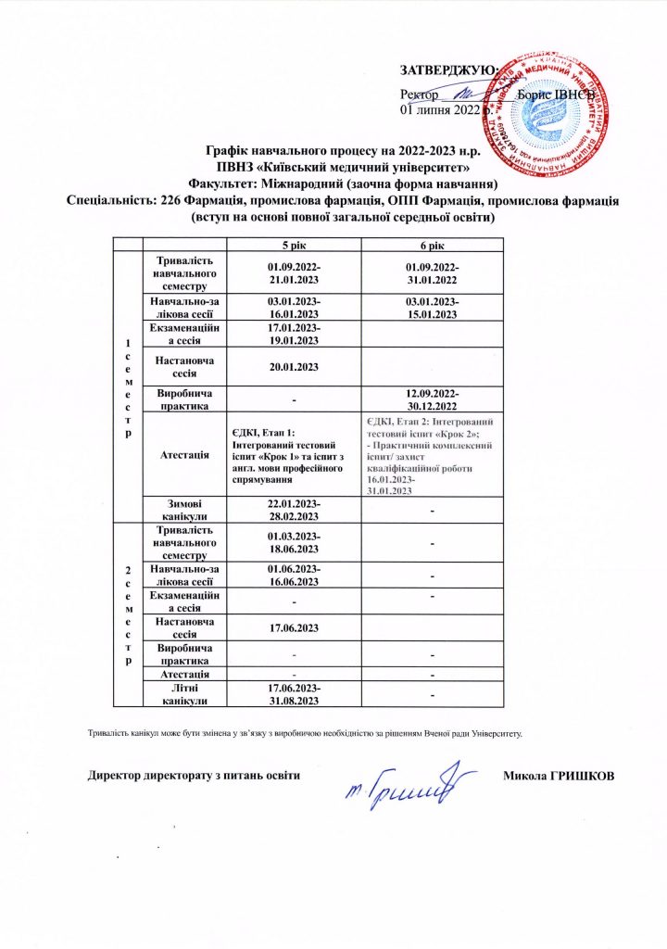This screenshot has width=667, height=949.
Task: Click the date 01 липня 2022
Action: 440,109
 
